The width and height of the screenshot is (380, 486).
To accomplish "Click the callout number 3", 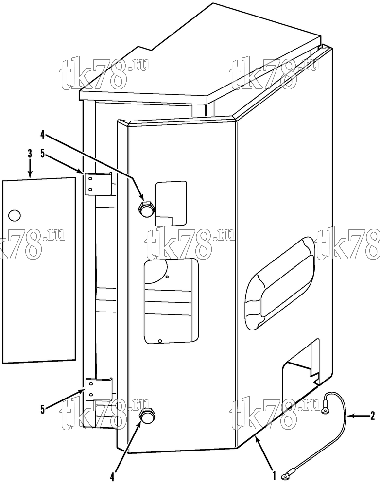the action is point(30,154).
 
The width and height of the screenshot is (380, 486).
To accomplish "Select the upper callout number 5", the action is point(42,154).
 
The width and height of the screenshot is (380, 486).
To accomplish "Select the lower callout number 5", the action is point(42,409).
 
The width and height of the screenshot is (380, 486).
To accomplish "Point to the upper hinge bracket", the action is point(98,184).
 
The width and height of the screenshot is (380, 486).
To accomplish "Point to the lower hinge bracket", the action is point(98,389).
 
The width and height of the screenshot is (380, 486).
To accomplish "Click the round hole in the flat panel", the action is point(14,215).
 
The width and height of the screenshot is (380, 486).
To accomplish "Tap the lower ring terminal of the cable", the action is point(285,474).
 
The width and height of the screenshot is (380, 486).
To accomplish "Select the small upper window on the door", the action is point(171,203).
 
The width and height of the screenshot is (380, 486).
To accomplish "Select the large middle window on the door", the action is point(171,301).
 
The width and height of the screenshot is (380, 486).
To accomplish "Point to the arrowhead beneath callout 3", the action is point(30,174).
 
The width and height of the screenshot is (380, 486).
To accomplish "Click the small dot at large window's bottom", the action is point(160,341).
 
